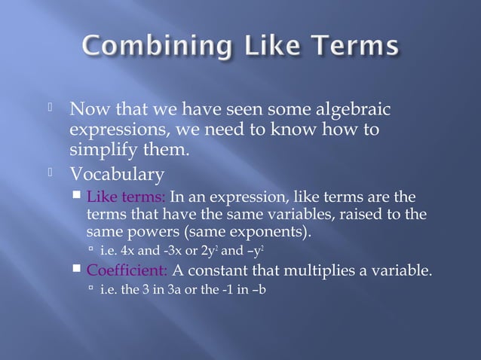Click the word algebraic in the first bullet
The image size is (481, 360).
point(354,111)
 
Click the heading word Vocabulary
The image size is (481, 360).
point(117,175)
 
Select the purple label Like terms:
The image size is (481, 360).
point(126,198)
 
